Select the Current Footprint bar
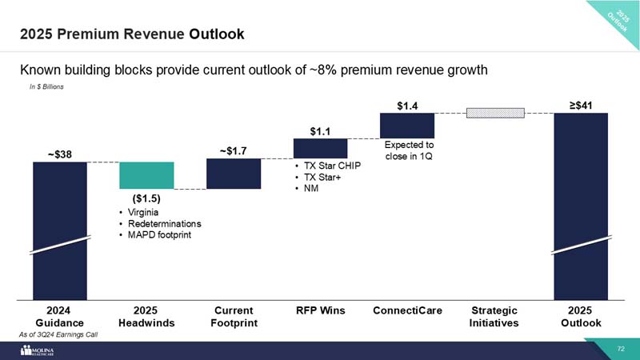tap(234, 174)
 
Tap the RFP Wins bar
tap(320, 149)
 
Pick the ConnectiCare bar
tap(407, 126)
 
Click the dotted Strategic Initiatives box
tap(495, 113)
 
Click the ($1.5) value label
tap(146, 198)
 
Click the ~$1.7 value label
tap(233, 149)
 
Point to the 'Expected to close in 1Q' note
tap(409, 150)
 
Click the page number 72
tap(621, 349)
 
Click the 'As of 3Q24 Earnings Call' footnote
tap(59, 334)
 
